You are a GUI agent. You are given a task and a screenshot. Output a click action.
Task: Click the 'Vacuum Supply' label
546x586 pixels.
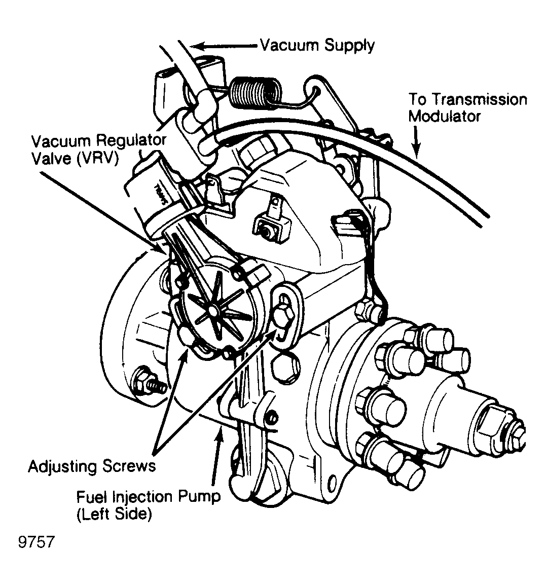(317, 46)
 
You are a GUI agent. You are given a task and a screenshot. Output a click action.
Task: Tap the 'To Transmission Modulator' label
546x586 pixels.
(467, 107)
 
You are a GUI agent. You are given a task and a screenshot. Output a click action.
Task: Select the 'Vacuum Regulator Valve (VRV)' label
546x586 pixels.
(98, 150)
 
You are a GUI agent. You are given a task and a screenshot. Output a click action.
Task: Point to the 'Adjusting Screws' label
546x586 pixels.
(92, 466)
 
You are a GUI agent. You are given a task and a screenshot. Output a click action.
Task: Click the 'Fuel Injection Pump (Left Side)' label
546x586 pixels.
(149, 505)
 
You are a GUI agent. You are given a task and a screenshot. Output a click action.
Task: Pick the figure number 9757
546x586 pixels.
(37, 542)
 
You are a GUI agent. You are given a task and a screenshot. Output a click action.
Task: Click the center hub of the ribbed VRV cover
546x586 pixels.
(212, 310)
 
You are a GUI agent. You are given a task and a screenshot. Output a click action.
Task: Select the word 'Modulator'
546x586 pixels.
(444, 116)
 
